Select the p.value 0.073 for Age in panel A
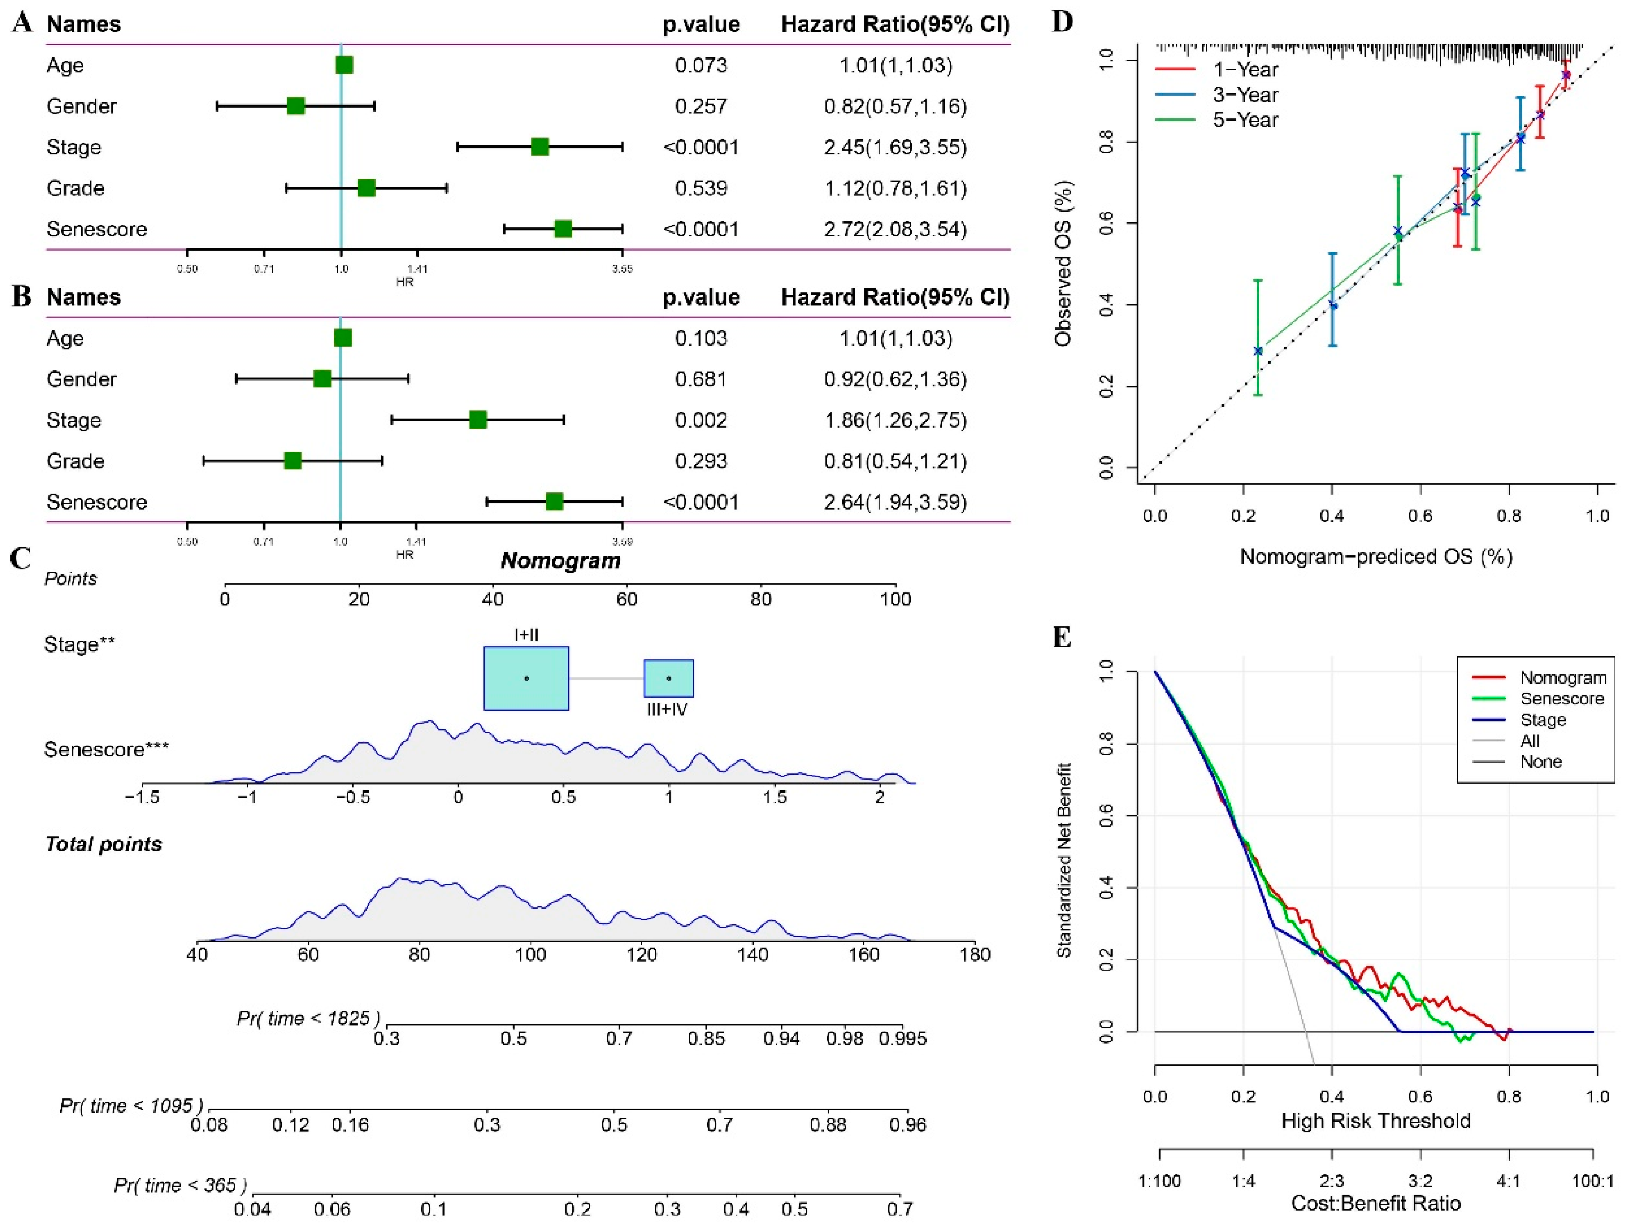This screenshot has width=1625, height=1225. tap(701, 65)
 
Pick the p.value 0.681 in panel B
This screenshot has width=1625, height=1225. tap(701, 379)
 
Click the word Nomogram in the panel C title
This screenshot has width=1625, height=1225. tap(561, 561)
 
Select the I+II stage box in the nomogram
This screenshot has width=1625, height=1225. tap(526, 678)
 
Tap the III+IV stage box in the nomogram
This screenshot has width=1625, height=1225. tap(668, 678)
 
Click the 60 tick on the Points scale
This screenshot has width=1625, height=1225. tap(627, 599)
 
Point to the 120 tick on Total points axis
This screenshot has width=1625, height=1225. tap(641, 955)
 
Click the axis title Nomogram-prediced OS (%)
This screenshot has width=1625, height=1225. tap(1375, 557)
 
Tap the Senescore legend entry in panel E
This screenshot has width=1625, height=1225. tap(1561, 698)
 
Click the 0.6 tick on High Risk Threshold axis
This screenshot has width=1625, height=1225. tap(1420, 1096)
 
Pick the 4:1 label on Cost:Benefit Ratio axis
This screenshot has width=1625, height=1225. tap(1508, 1181)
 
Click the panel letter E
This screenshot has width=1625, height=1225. tap(1062, 637)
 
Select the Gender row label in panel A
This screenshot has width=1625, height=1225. tap(81, 106)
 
